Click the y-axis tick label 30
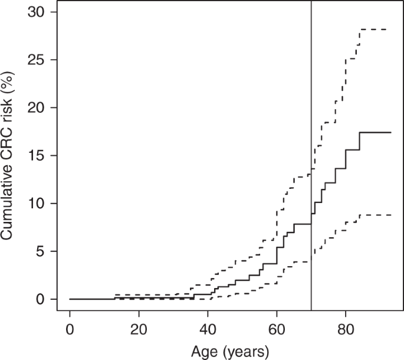click(x=37, y=12)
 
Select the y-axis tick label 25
click(x=37, y=60)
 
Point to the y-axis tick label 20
click(x=37, y=108)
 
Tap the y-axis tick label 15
click(x=37, y=156)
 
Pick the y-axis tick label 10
click(x=37, y=204)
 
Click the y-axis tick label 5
click(x=41, y=251)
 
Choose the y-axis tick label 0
click(x=41, y=299)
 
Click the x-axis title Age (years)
click(x=230, y=352)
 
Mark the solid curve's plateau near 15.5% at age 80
click(x=353, y=150)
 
